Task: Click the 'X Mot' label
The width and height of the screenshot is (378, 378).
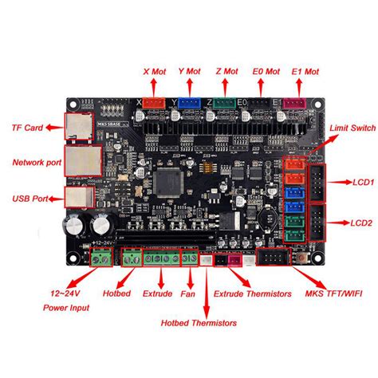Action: coord(151,71)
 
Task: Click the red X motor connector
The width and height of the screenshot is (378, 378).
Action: coord(153,102)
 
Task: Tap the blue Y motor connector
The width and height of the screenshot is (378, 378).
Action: coord(188,102)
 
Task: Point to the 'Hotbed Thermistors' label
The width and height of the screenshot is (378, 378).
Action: coord(199,324)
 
